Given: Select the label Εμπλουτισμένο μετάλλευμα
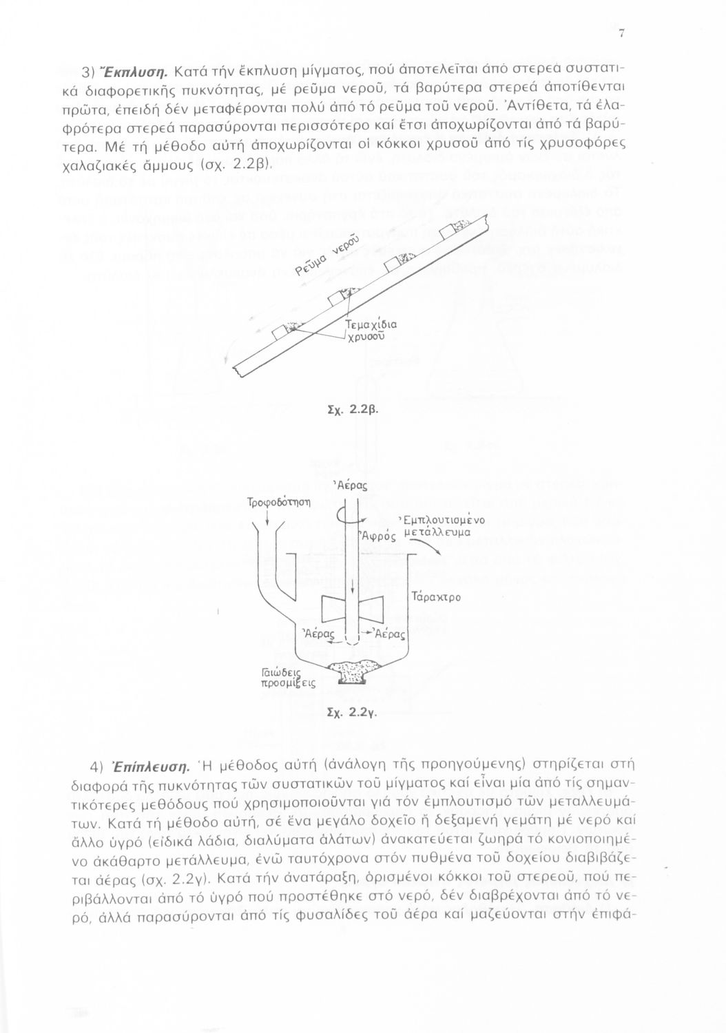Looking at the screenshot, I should pos(444,525).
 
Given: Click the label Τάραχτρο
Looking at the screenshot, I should pos(435,596).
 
